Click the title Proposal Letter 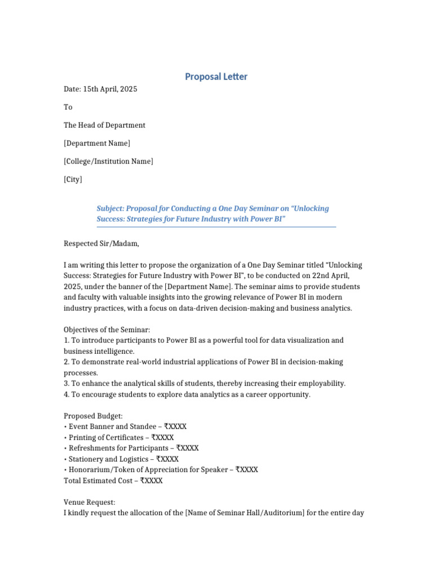pos(216,77)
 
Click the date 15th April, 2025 pos(110,89)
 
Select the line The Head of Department pos(104,125)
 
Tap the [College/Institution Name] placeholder pos(108,161)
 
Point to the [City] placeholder pos(73,179)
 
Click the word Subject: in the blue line pos(111,208)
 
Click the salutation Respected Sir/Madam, pos(101,243)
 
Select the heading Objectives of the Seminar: pos(107,329)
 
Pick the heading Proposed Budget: pos(93,416)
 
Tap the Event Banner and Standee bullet pos(125,427)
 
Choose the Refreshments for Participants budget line pos(131,448)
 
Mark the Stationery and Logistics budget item pos(121,459)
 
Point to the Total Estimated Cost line pos(113,481)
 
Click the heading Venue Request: pos(89,502)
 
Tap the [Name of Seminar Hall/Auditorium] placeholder pos(244,513)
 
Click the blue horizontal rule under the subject pos(216,227)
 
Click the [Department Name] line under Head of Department pos(96,143)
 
